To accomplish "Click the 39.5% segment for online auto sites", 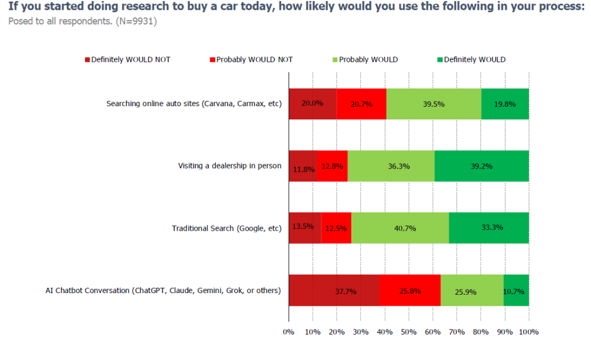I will pyautogui.click(x=433, y=104).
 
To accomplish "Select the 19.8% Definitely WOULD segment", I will pyautogui.click(x=505, y=104).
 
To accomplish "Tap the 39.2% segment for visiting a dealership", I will pyautogui.click(x=481, y=166).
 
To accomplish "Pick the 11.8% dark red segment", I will pyautogui.click(x=303, y=166).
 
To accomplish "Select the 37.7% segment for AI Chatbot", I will pyautogui.click(x=334, y=290).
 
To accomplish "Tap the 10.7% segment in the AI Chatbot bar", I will pyautogui.click(x=516, y=290).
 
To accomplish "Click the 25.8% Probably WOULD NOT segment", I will pyautogui.click(x=410, y=290).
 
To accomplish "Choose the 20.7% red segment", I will pyautogui.click(x=361, y=104).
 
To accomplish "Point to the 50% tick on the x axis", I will pyautogui.click(x=409, y=332).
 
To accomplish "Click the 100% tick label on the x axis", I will pyautogui.click(x=529, y=332).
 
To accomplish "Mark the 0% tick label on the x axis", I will pyautogui.click(x=289, y=332).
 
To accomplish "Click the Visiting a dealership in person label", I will pyautogui.click(x=230, y=166).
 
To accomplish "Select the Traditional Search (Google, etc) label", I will pyautogui.click(x=226, y=228).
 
